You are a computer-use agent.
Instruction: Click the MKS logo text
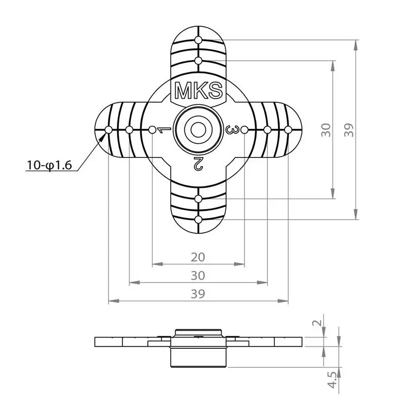[x=198, y=91]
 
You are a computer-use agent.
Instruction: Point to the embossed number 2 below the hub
[x=198, y=163]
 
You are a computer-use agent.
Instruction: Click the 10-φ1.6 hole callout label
[x=49, y=165]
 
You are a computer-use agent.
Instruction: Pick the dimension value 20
[x=198, y=257]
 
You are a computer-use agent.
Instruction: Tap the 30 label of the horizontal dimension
[x=198, y=276]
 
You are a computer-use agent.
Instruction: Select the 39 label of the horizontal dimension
[x=198, y=294]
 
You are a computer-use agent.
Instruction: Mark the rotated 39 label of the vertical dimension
[x=349, y=130]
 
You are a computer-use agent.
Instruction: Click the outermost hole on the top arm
[x=198, y=39]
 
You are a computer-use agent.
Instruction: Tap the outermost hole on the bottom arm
[x=198, y=220]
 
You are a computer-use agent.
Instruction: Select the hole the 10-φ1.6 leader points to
[x=109, y=130]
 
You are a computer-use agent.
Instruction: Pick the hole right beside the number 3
[x=244, y=130]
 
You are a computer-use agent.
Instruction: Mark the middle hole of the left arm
[x=130, y=130]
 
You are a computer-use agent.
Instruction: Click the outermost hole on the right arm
[x=288, y=130]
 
